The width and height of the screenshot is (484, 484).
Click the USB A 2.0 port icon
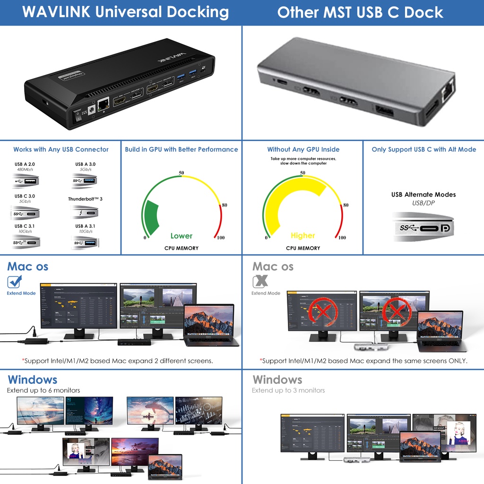26,181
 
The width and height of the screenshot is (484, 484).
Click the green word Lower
181,236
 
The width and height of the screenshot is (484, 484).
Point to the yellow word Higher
303,235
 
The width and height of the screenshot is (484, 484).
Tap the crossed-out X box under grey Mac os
259,282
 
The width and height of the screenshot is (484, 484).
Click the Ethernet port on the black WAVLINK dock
102,105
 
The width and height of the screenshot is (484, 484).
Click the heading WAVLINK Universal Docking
125,12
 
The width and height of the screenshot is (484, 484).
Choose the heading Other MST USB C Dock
360,12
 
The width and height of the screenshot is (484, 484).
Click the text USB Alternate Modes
423,195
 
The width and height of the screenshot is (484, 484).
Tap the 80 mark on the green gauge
225,205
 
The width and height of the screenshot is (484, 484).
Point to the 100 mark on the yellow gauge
342,238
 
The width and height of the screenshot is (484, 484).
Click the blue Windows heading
32,380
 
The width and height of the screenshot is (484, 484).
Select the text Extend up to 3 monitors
288,390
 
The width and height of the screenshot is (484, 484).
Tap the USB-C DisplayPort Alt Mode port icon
423,228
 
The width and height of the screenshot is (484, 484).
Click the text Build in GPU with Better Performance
181,149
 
